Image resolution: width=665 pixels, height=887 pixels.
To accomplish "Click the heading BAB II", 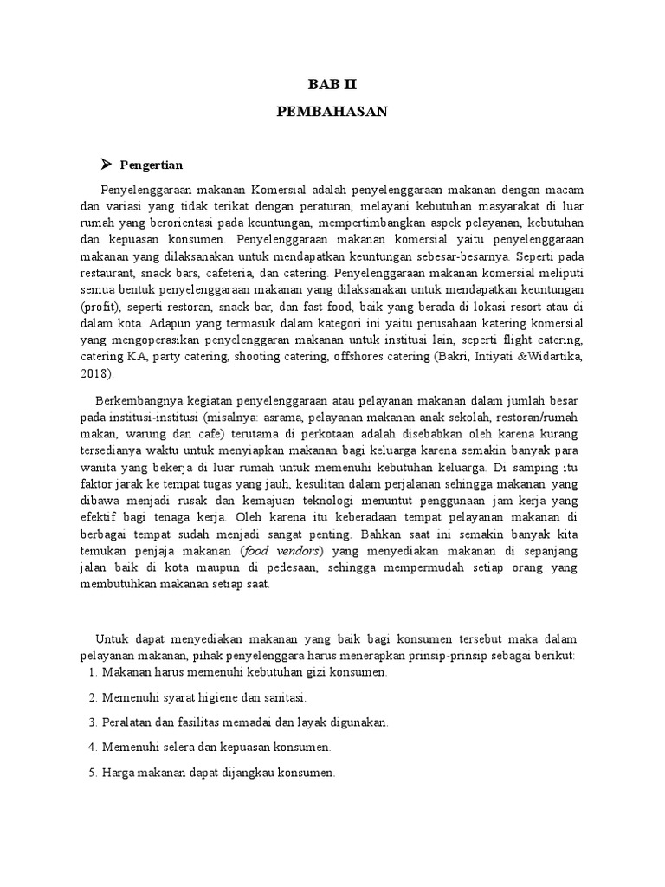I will point(332,84).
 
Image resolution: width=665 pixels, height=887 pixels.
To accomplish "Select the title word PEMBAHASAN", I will point(332,112).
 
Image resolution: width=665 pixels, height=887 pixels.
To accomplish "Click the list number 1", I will point(92,671).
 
